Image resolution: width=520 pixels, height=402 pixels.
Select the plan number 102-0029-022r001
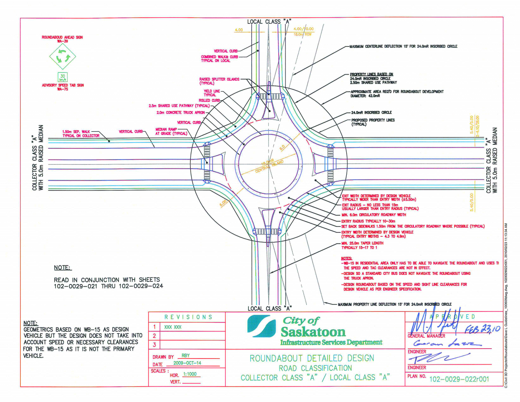point(459,379)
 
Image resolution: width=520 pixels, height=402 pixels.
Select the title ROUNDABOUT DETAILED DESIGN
point(312,358)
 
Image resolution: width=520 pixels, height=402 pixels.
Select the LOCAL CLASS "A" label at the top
point(269,21)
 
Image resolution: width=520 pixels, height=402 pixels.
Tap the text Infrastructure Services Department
point(331,342)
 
